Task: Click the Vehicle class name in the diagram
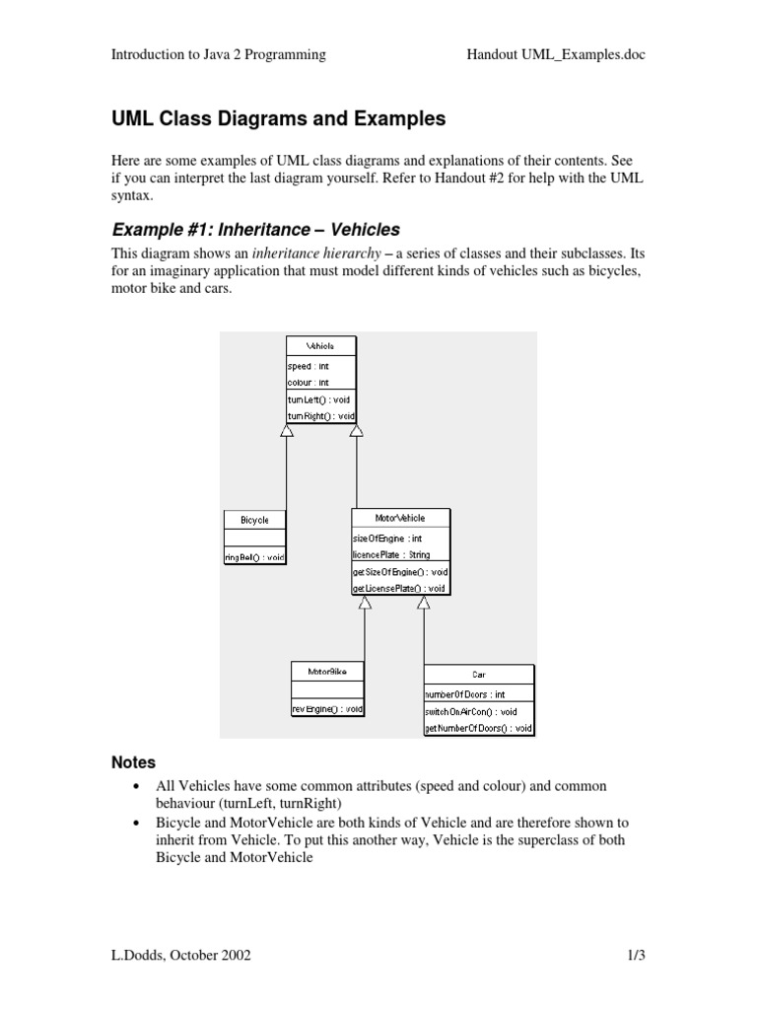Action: point(321,347)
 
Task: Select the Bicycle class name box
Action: point(254,520)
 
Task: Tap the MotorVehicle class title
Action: point(401,518)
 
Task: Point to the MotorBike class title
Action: point(327,672)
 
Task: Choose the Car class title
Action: point(479,675)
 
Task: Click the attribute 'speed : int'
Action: point(309,366)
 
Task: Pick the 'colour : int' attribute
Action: point(309,382)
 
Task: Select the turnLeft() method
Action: point(319,399)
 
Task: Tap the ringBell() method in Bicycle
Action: point(254,557)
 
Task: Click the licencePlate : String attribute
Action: point(390,555)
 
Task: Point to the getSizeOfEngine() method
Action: point(400,572)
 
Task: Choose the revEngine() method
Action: point(327,708)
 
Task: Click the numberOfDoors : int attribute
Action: point(464,694)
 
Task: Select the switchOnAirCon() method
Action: point(471,711)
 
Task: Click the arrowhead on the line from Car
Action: point(424,603)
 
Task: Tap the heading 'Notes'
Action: point(132,762)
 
